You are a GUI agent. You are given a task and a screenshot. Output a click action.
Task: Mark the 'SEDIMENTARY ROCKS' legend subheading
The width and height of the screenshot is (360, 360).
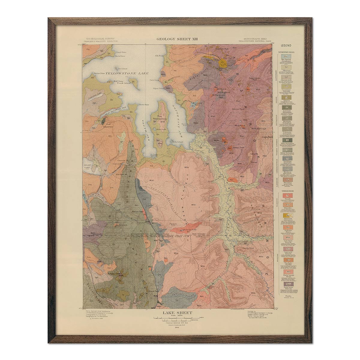286,52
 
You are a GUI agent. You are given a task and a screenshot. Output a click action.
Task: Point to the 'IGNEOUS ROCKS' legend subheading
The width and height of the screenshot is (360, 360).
286,190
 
